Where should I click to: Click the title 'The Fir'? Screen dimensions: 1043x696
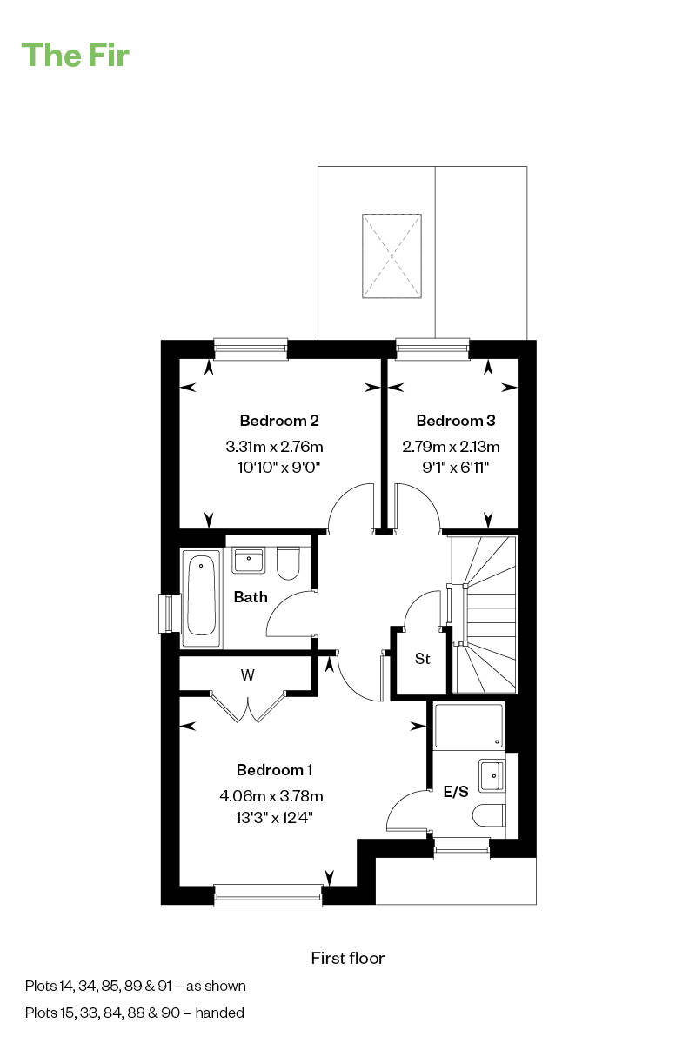tap(76, 55)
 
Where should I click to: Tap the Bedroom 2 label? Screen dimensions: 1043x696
tap(278, 421)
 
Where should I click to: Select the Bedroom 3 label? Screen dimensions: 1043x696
tap(455, 421)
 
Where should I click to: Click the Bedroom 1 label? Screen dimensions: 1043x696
tap(274, 770)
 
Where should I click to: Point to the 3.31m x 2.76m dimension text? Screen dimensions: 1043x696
tap(274, 448)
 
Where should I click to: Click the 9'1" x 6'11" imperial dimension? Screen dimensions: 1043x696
tap(455, 468)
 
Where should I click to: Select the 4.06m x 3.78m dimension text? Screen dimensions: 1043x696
tap(271, 795)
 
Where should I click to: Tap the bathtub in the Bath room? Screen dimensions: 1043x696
tap(201, 598)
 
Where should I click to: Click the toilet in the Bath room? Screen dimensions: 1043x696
tap(288, 563)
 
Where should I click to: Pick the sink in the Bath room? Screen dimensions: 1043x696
tap(248, 560)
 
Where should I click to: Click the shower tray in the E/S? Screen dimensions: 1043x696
tap(469, 726)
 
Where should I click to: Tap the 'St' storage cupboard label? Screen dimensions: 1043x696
tap(422, 659)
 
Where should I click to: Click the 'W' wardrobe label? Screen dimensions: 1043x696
tap(248, 674)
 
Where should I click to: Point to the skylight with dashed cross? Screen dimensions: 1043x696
tap(391, 256)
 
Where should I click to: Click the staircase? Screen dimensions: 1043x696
tap(485, 615)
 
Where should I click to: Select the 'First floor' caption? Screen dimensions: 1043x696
tap(347, 958)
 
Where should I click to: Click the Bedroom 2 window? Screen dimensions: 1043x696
tap(251, 349)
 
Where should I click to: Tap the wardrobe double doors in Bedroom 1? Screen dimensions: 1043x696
tap(248, 707)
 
